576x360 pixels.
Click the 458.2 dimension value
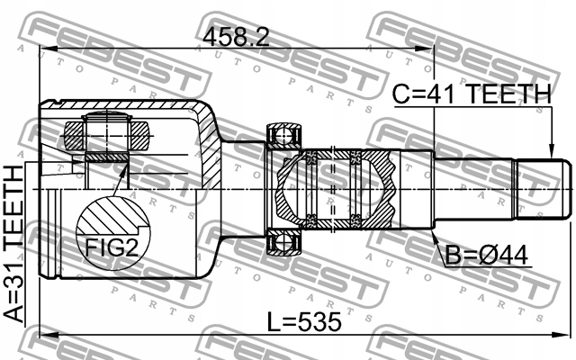(x=236, y=37)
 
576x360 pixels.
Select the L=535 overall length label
(x=304, y=322)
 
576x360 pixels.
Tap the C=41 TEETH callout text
(x=472, y=94)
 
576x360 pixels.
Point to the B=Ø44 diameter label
(x=487, y=256)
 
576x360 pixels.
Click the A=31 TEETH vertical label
(x=13, y=244)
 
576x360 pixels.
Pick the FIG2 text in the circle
(x=112, y=247)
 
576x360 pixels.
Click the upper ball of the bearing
(x=283, y=134)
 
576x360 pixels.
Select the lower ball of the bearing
(x=283, y=244)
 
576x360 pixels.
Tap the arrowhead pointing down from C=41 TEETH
(x=551, y=152)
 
